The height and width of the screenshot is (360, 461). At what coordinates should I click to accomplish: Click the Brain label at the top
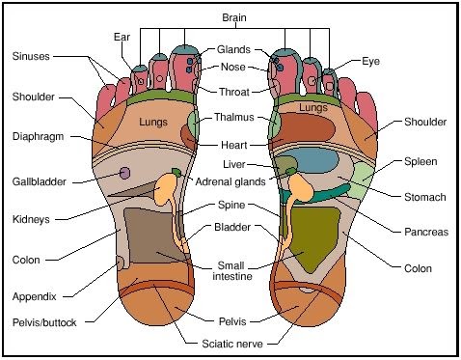[234, 17]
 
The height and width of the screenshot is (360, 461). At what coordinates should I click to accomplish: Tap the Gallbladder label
[39, 181]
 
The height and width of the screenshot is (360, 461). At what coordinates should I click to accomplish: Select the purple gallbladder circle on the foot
[124, 173]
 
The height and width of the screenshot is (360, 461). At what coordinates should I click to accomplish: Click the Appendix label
[35, 296]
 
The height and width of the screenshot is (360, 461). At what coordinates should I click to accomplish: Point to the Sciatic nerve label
[232, 344]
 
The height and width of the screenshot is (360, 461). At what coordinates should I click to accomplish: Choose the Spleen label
[420, 161]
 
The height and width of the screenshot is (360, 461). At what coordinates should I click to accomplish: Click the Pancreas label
[426, 232]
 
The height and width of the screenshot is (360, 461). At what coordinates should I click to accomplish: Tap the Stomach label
[425, 197]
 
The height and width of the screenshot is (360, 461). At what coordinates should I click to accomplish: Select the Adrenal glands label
[230, 182]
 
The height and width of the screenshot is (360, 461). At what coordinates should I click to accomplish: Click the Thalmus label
[234, 117]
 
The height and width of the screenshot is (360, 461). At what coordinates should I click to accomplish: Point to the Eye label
[370, 62]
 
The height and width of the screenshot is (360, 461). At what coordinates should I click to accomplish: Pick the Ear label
[122, 37]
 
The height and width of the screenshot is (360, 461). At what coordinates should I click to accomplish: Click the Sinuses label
[31, 56]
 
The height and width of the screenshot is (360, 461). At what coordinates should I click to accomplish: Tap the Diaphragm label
[38, 137]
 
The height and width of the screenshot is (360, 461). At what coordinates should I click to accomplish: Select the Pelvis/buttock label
[44, 322]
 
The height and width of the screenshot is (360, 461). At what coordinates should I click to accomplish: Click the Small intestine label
[231, 271]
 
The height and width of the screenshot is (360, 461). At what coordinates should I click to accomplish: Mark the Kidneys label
[31, 220]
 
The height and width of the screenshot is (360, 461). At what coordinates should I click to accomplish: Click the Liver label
[234, 164]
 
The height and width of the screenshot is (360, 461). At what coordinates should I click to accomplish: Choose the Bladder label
[232, 227]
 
